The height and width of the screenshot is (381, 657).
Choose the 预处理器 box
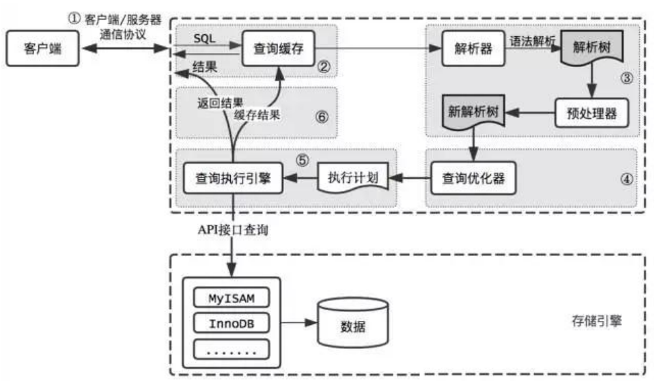click(x=591, y=113)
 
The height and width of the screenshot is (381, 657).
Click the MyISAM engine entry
click(x=232, y=298)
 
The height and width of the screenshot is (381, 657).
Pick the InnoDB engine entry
click(x=232, y=323)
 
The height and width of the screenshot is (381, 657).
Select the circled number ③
click(x=625, y=77)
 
